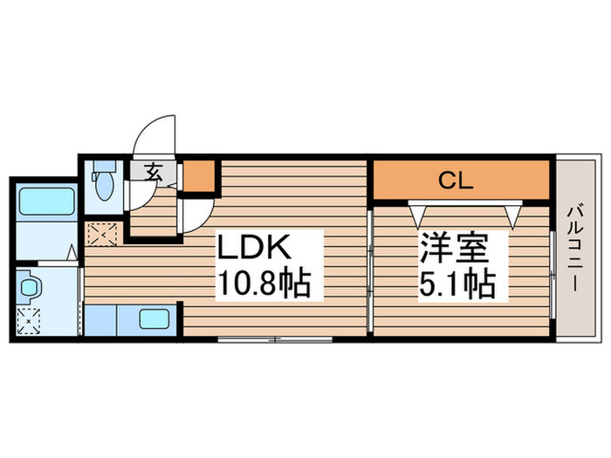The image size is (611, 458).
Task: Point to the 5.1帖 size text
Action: (457, 284)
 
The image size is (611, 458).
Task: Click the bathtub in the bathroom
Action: (45, 202)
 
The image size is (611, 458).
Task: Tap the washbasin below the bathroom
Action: (27, 286)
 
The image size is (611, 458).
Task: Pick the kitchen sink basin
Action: (156, 318)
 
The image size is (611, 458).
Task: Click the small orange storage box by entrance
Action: (199, 176)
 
